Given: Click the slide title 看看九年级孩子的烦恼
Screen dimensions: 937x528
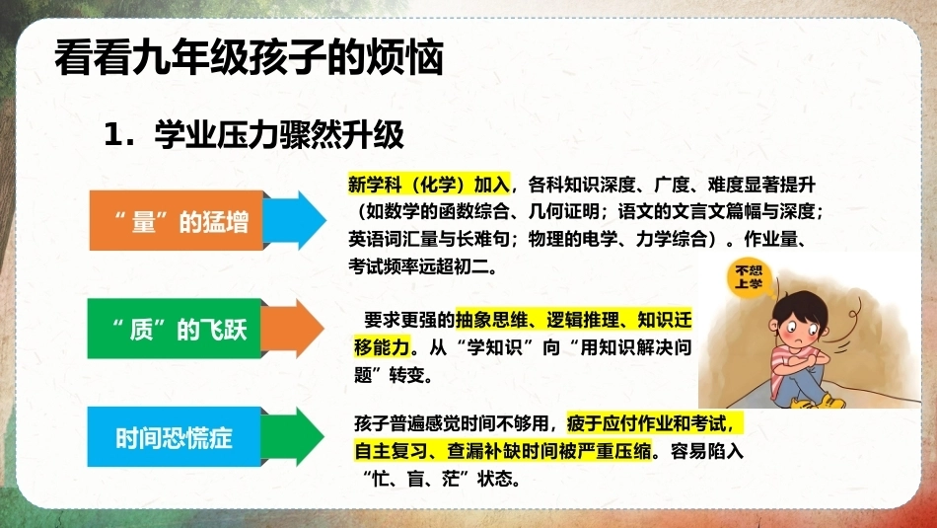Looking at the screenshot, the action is [x=250, y=57].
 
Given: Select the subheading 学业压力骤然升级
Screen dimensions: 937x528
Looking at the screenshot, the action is [x=279, y=134].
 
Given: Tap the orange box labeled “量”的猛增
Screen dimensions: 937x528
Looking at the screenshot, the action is [x=177, y=220].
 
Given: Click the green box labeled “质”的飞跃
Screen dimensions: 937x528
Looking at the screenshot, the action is [x=175, y=329].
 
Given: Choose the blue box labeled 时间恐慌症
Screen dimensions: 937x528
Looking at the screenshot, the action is [x=175, y=436].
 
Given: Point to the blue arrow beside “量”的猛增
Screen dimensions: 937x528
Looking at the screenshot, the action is [x=295, y=220].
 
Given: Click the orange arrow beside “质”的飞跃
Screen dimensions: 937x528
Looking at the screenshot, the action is [x=293, y=329].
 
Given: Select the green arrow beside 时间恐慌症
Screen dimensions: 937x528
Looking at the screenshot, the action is [x=293, y=436].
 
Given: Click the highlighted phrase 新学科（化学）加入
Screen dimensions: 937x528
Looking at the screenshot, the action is [x=429, y=185].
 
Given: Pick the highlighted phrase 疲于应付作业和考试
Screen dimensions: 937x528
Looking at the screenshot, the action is [x=650, y=423].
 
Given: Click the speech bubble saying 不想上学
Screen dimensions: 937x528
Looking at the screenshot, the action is [x=749, y=277].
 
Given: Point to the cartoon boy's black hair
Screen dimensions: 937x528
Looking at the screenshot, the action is [x=801, y=308].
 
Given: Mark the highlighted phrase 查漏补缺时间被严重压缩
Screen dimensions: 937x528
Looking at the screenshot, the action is [x=549, y=450].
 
